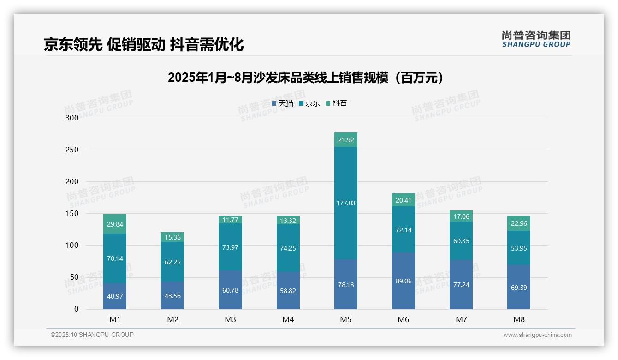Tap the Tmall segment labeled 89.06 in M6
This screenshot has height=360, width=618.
point(404,281)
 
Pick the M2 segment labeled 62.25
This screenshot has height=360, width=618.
point(172,262)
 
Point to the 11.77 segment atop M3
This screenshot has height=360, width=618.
point(230,220)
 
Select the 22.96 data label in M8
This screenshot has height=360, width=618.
point(519,223)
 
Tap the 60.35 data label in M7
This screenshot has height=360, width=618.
point(461,241)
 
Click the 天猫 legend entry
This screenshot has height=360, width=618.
point(283,103)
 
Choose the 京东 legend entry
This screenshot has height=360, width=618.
point(309,103)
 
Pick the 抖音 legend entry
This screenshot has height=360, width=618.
point(337,103)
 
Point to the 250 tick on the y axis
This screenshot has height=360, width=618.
point(72,150)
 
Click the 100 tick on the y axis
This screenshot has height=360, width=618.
point(72,245)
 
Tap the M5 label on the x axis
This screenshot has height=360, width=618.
point(346,319)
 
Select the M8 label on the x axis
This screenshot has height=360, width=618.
point(519,319)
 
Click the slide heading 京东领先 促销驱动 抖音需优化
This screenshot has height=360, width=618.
point(143,44)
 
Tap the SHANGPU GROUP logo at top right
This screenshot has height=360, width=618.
point(536,39)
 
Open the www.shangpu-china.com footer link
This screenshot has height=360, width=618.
point(537,335)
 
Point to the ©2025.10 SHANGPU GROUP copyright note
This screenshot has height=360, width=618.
point(92,335)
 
